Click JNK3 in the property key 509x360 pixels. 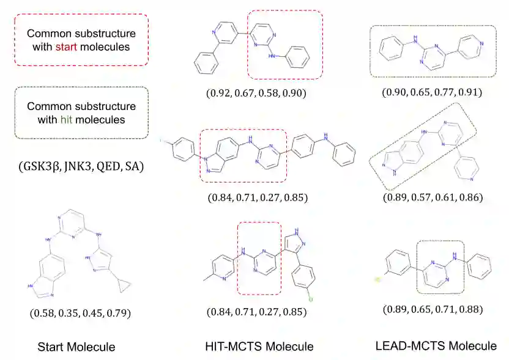(79, 165)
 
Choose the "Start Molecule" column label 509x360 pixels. (76, 347)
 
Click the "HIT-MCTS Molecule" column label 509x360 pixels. (258, 347)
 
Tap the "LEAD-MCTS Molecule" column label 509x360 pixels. (436, 346)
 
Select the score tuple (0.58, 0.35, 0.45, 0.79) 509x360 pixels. (80, 314)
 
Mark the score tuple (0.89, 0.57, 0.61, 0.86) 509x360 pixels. (432, 198)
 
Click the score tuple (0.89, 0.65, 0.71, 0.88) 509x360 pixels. (433, 309)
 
